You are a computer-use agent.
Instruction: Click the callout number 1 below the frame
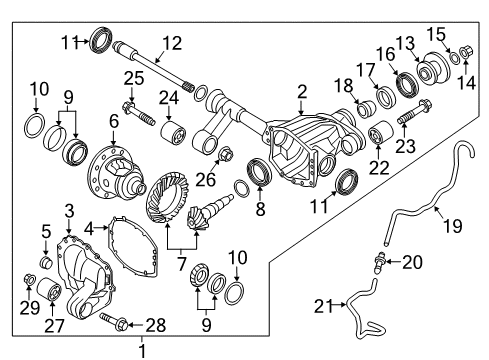coord(141,350)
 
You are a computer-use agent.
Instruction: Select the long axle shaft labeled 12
coord(160,70)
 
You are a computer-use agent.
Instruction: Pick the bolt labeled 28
coord(111,321)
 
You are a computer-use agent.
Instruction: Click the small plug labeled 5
coord(44,262)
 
